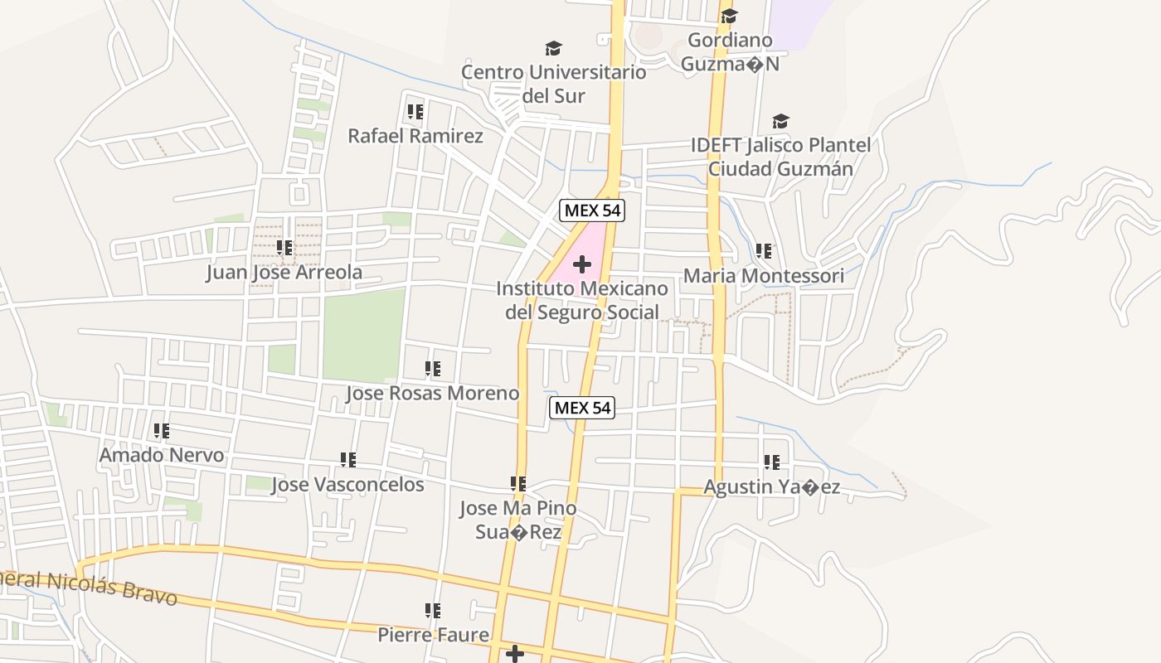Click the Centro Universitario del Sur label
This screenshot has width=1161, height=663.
click(x=554, y=84)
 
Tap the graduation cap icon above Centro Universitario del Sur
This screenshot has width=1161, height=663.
click(x=553, y=49)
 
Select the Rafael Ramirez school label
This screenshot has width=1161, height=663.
click(x=415, y=136)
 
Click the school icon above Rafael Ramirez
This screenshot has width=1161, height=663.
click(x=415, y=111)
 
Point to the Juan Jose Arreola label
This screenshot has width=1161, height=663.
click(x=284, y=272)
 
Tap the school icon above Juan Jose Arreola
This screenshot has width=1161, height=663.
click(x=284, y=247)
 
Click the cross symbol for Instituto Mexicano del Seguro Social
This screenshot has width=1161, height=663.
click(x=582, y=264)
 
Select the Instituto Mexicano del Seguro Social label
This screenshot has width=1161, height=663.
click(x=582, y=300)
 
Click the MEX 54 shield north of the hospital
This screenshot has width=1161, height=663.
click(x=591, y=211)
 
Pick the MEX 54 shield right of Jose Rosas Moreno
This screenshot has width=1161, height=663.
click(x=582, y=407)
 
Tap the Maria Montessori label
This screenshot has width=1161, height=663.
click(x=764, y=275)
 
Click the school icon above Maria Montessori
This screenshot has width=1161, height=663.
click(x=764, y=250)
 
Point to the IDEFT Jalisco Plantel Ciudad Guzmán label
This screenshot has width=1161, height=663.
click(x=780, y=157)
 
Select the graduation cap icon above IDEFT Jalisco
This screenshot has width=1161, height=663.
click(x=780, y=122)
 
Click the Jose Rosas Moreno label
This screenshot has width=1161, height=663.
click(x=432, y=393)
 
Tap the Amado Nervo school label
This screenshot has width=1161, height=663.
click(x=162, y=455)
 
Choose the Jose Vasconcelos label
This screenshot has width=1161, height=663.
click(x=347, y=484)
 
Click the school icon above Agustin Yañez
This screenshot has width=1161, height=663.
click(x=772, y=462)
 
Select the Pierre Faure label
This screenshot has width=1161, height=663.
click(x=433, y=635)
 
